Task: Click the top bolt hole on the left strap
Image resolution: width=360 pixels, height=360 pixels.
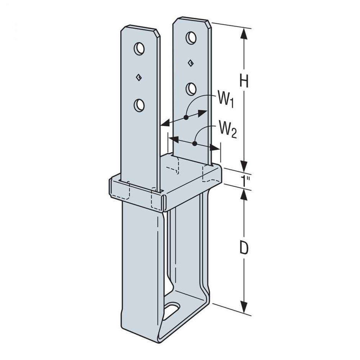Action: coord(139,48)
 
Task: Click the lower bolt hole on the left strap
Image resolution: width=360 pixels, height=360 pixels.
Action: coord(139,105)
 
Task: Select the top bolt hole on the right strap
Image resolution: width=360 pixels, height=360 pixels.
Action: coord(190,38)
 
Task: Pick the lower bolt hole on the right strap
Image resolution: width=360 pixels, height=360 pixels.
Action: coord(191,89)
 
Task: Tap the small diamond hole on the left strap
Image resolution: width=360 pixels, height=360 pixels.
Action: coord(139,77)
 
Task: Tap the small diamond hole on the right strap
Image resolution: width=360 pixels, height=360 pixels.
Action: coord(190,63)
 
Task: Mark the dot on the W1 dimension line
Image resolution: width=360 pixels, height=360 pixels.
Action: coord(185,118)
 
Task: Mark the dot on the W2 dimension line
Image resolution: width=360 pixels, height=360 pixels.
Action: coord(195,144)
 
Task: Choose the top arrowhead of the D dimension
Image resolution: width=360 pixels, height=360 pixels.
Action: coord(242,193)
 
